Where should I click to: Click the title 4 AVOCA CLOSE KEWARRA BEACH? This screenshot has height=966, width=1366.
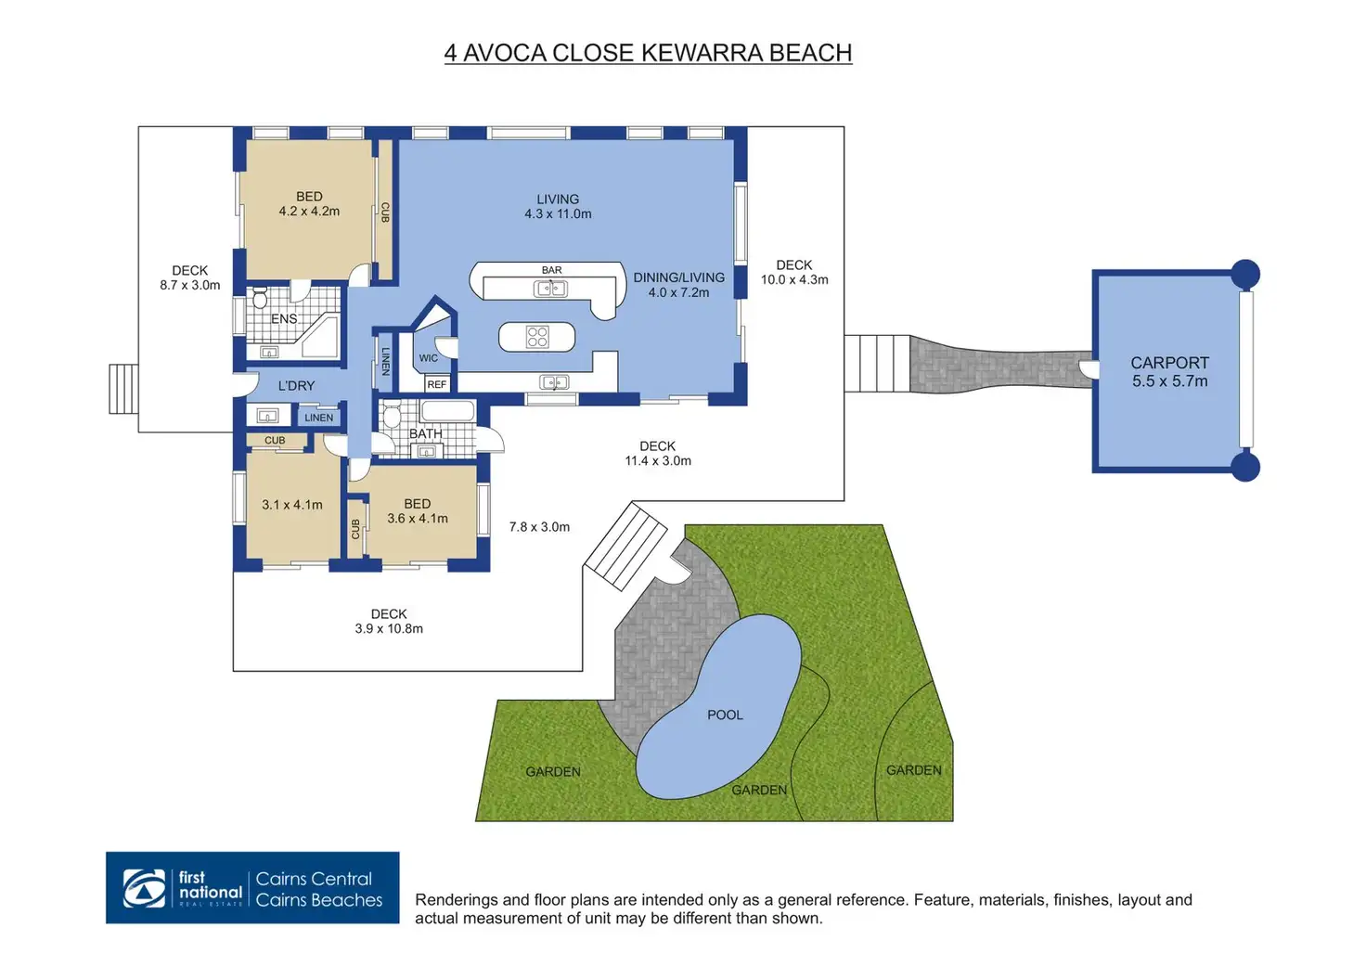tap(648, 53)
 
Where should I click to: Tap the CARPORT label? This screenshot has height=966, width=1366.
tap(1169, 363)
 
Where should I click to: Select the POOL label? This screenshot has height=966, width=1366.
tap(725, 715)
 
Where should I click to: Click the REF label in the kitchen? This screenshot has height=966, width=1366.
tap(436, 384)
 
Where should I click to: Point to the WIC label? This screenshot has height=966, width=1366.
tap(428, 358)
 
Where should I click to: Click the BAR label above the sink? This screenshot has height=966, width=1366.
tap(551, 270)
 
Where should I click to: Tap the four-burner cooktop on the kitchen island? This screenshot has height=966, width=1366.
tap(537, 337)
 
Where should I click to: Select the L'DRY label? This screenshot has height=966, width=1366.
tap(296, 386)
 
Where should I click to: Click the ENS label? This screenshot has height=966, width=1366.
tap(284, 319)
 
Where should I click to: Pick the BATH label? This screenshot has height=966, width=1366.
tap(426, 434)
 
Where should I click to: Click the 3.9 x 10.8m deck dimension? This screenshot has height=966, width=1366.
tap(389, 629)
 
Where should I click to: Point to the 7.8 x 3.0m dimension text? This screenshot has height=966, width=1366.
tap(539, 527)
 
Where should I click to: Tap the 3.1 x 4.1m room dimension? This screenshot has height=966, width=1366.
tap(292, 505)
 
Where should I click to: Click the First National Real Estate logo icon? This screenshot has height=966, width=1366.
tap(145, 888)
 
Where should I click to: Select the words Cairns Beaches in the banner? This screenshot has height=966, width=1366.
tap(318, 900)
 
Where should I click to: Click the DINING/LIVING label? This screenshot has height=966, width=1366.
tap(678, 277)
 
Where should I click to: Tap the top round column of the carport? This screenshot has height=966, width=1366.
tap(1244, 275)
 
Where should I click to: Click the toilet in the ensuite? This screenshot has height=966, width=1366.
tap(260, 297)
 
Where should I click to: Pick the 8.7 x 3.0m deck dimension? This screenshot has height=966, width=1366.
tap(190, 286)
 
